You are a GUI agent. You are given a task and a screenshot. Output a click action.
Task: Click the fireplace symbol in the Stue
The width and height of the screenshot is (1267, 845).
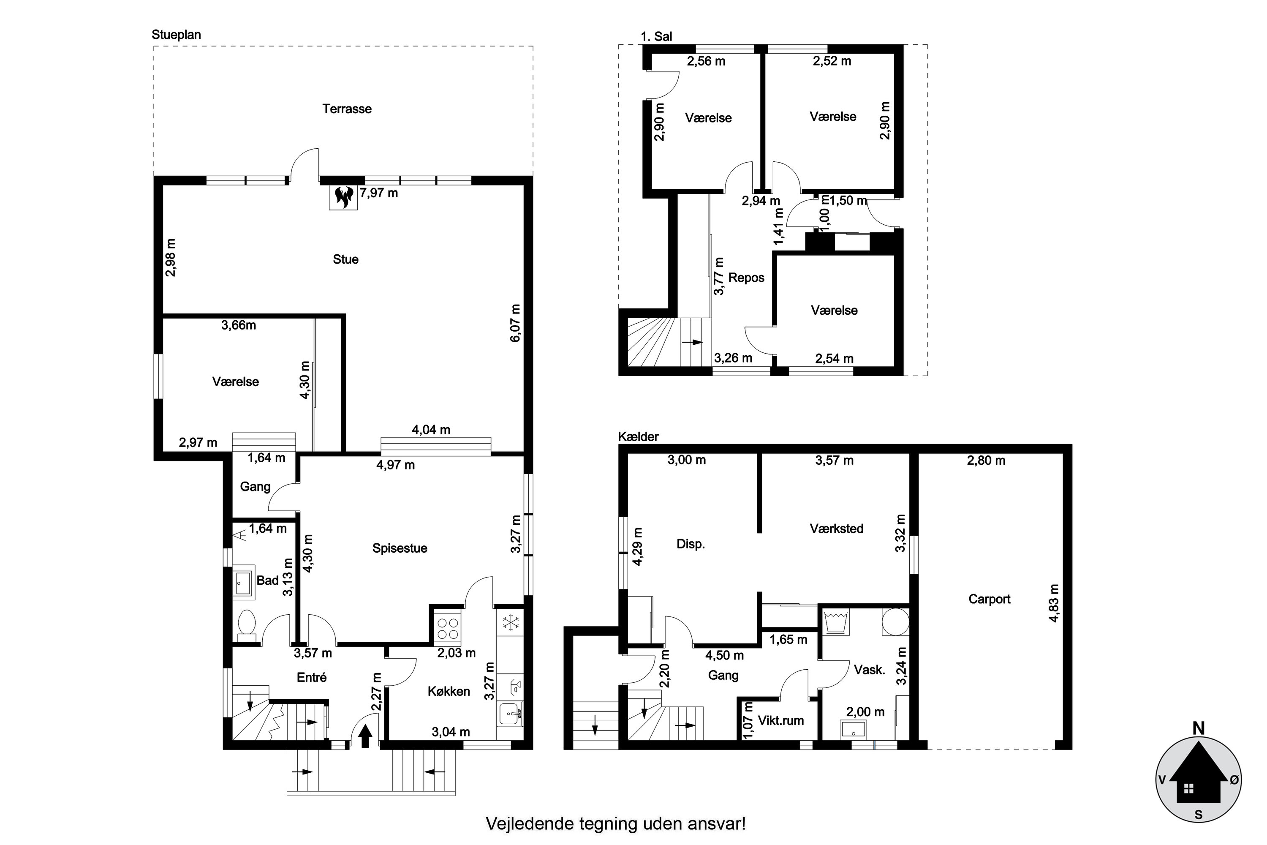tap(343, 197)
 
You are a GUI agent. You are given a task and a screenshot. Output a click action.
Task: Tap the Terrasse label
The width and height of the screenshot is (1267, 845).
tap(347, 109)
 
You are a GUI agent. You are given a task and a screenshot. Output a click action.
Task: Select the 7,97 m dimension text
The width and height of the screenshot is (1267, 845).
tap(379, 193)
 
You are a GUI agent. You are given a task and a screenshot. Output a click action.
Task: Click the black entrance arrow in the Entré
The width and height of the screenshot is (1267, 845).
tap(365, 736)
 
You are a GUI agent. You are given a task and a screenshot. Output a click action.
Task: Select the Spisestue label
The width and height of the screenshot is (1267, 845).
tap(400, 548)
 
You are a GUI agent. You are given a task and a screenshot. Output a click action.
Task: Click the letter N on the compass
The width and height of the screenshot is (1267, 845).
tap(1199, 728)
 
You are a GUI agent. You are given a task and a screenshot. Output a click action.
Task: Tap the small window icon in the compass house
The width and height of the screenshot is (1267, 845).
tap(1189, 789)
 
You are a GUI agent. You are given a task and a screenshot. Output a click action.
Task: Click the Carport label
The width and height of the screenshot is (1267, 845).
tap(989, 599)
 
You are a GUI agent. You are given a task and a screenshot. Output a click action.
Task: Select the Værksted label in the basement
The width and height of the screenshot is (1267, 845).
tap(836, 529)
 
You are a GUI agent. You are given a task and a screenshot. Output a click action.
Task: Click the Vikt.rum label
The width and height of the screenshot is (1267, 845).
tap(780, 720)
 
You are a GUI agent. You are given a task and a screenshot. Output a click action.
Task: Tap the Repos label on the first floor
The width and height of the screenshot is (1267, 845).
tap(746, 278)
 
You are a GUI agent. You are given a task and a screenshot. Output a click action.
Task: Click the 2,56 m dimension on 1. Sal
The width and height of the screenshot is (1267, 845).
tap(706, 61)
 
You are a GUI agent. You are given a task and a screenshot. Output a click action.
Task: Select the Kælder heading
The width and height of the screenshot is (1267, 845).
tap(638, 436)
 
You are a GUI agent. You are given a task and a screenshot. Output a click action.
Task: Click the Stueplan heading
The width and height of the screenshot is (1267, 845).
tap(176, 35)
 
